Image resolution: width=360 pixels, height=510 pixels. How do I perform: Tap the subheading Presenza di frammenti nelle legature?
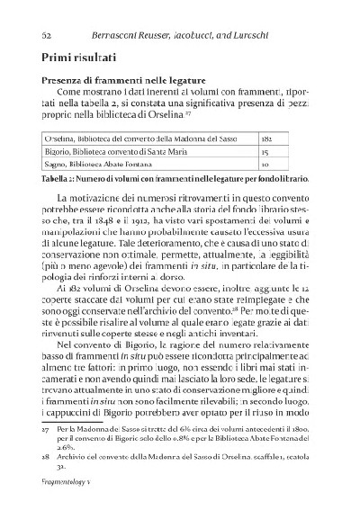[125, 79]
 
